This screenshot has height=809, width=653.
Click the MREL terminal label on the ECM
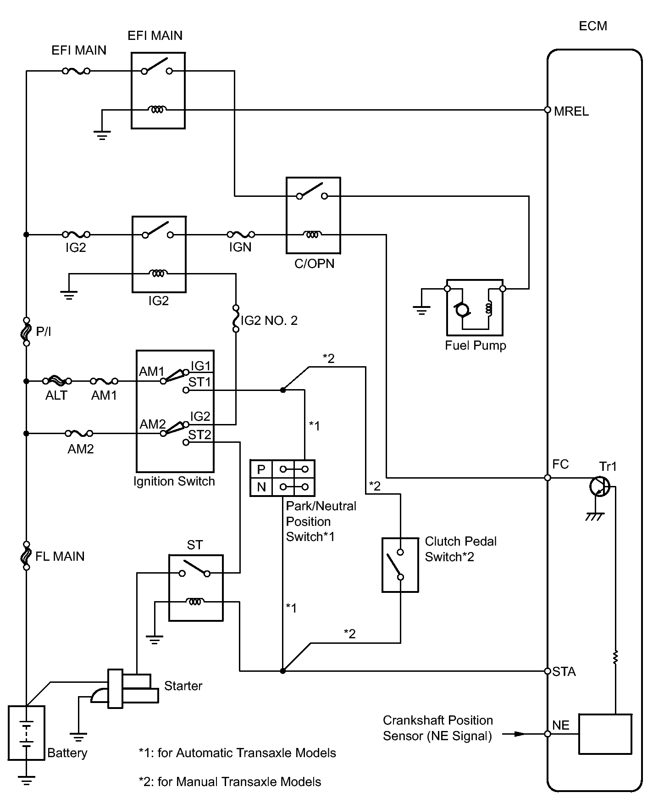coord(571,112)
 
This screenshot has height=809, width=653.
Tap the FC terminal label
coord(560,464)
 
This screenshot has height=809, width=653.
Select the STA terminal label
coord(564,672)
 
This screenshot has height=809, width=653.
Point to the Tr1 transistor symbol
coord(599,486)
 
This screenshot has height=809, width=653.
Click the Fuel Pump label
coord(475,346)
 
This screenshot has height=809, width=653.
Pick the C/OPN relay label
coord(314,264)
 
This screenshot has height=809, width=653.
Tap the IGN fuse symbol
coord(241,234)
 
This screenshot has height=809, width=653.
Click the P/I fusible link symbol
coord(27,331)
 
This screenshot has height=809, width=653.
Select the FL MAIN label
coord(60,557)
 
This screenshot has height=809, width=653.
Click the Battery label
coord(67,753)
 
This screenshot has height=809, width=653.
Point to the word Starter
coord(183,686)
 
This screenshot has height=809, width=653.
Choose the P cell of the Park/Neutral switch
coord(261,469)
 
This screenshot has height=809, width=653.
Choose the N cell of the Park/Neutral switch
coord(261,487)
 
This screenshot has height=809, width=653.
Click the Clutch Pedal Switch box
coord(400,565)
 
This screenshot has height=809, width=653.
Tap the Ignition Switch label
coord(174,481)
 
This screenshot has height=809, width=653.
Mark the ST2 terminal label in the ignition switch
coord(199,435)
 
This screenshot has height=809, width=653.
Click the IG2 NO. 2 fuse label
coord(269,321)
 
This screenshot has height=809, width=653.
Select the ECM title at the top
coord(592,26)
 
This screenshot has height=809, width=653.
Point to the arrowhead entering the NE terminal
coord(519,734)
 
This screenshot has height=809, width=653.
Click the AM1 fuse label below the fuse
coord(104,396)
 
